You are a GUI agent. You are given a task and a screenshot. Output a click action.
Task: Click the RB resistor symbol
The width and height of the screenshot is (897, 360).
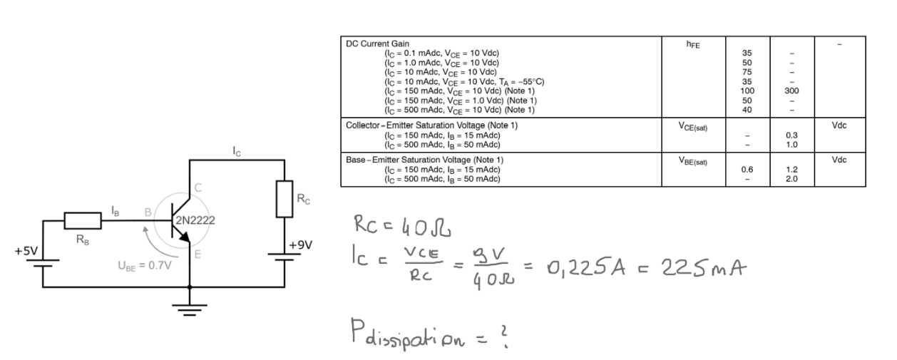[83, 221]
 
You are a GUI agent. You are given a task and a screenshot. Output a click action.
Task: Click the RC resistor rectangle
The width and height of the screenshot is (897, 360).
[285, 199]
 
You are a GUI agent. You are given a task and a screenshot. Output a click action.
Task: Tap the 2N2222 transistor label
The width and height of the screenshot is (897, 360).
[195, 220]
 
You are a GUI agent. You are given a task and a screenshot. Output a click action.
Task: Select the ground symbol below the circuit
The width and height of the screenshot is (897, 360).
[190, 310]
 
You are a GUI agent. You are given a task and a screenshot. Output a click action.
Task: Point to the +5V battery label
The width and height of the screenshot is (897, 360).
[26, 251]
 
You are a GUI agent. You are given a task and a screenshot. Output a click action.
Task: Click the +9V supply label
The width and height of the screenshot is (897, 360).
[300, 245]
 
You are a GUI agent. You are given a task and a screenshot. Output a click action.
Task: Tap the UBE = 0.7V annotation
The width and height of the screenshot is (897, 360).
[145, 266]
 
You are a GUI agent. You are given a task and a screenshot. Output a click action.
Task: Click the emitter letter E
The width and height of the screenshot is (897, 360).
[198, 254]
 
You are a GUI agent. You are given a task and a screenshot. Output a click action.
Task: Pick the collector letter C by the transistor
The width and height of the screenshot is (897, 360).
[198, 187]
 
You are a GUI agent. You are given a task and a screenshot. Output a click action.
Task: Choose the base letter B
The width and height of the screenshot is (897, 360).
[148, 212]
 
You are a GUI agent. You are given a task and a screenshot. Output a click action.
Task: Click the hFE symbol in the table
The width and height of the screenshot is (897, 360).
[693, 44]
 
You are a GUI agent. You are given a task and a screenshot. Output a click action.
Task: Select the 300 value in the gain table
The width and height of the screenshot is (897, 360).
[791, 91]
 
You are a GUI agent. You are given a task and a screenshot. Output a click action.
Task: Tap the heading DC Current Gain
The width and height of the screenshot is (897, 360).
[378, 43]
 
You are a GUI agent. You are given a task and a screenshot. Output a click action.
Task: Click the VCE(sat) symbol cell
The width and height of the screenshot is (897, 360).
[693, 127]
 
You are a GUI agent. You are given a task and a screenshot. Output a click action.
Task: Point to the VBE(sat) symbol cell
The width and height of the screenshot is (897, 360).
[693, 161]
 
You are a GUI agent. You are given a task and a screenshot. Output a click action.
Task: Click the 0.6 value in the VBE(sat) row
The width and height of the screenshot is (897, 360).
[747, 170]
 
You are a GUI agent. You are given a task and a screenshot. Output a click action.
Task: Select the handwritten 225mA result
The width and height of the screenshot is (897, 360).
[704, 267]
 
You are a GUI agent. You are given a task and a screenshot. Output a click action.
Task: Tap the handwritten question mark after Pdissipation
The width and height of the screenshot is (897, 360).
[505, 336]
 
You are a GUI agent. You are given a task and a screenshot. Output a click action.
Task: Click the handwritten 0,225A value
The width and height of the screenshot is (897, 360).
[585, 267]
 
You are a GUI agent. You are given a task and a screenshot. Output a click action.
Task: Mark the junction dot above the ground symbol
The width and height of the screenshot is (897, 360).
[190, 287]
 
